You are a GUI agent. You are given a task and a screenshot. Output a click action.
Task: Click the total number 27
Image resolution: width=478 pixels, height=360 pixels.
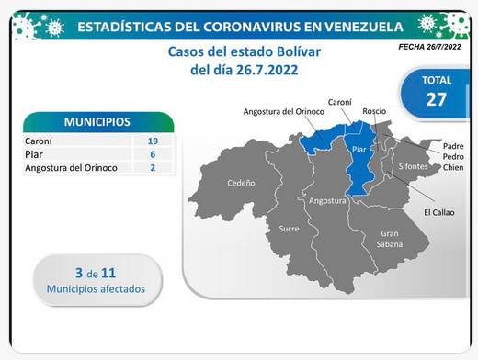tap(437, 99)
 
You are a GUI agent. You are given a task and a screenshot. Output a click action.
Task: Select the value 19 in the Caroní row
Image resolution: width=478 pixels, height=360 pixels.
tap(153, 141)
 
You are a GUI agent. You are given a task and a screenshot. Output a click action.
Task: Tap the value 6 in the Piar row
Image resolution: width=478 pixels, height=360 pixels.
tap(153, 154)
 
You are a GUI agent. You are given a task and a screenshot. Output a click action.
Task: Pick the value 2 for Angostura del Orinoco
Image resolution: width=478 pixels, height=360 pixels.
tap(153, 168)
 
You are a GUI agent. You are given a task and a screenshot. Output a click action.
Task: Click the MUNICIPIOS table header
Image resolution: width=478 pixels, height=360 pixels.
tap(97, 122)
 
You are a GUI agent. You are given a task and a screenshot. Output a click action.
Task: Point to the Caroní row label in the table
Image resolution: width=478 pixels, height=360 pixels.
tap(39, 141)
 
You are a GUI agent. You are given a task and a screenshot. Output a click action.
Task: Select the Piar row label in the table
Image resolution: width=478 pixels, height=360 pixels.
tap(34, 154)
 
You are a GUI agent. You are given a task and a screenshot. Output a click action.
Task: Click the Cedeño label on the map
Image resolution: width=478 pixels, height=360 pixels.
tap(241, 183)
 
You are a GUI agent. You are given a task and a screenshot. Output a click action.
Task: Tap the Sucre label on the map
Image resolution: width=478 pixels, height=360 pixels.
tap(289, 229)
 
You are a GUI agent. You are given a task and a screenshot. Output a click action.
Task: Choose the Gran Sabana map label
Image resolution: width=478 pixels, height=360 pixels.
tap(390, 239)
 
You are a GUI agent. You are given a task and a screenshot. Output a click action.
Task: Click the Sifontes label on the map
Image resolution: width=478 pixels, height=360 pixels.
tap(413, 166)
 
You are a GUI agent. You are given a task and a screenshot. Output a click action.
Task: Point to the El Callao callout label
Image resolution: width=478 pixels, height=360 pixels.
tap(439, 212)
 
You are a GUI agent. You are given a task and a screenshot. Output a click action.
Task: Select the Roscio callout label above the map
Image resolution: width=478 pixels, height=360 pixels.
tap(374, 111)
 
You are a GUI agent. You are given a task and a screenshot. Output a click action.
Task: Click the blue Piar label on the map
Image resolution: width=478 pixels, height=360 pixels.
tap(359, 150)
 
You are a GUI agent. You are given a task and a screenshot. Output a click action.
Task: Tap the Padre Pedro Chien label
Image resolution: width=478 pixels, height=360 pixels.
tap(453, 157)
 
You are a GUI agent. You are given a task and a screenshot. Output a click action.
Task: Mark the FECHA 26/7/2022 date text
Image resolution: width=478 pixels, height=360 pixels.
tap(429, 47)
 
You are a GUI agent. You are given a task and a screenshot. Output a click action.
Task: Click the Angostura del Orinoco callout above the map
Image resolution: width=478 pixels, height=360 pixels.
tap(284, 112)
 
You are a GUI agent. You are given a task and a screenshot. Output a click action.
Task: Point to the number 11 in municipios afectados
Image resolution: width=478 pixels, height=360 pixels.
tap(108, 273)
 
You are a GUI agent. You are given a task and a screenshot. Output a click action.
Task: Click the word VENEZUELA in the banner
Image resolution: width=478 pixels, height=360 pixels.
tap(364, 27)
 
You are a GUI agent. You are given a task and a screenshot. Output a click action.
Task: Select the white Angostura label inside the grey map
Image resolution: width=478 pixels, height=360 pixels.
tap(327, 201)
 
